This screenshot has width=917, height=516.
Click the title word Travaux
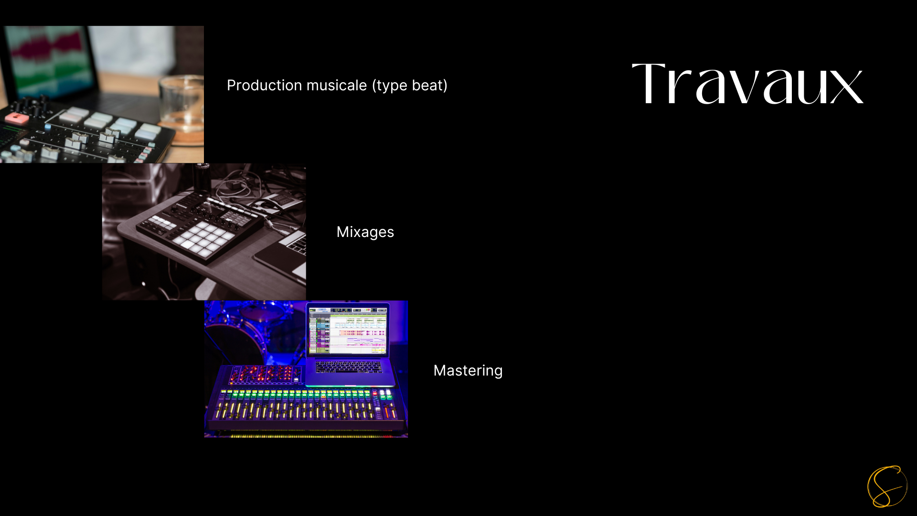[x=747, y=84]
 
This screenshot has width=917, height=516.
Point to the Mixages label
[x=365, y=232]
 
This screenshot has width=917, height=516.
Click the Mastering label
[x=468, y=371]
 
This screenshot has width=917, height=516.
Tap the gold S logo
[x=887, y=486]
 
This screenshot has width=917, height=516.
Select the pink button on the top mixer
[x=17, y=118]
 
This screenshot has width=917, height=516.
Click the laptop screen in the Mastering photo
[x=348, y=330]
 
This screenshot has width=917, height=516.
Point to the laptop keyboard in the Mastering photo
[x=349, y=367]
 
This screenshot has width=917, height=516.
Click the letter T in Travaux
[x=648, y=84]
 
